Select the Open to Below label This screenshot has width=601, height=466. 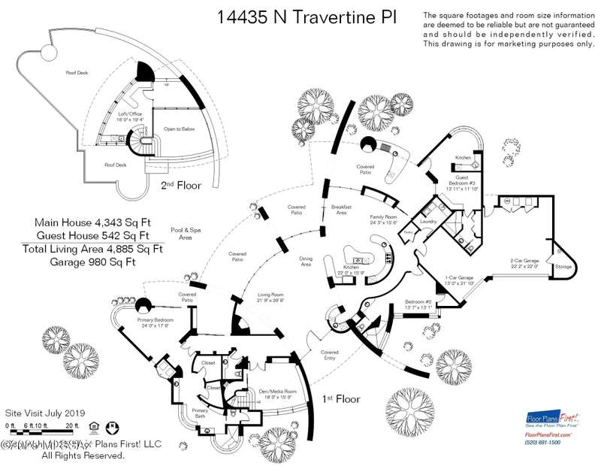point(180,129)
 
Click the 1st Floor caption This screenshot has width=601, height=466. point(341,398)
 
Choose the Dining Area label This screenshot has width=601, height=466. point(306,262)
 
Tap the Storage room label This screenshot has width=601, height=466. point(563,265)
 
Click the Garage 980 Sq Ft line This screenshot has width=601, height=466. point(94,262)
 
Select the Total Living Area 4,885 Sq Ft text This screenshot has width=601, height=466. point(93,249)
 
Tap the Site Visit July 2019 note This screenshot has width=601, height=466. point(45,413)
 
